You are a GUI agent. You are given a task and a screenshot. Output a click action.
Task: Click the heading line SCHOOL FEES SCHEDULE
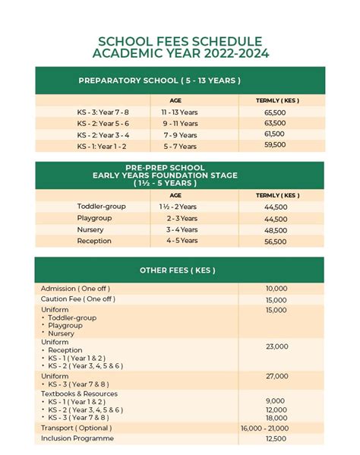point(180,42)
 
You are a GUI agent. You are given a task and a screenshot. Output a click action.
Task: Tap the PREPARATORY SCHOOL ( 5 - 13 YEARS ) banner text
point(159,81)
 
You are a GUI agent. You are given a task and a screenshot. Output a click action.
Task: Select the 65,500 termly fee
point(275,112)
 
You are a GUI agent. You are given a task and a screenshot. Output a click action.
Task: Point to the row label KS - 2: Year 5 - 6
point(103,123)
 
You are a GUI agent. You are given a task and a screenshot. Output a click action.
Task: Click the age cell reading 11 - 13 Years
point(179,112)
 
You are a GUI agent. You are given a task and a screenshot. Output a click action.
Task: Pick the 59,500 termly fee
point(275,144)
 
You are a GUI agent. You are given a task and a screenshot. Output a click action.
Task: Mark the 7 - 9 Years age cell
point(180,134)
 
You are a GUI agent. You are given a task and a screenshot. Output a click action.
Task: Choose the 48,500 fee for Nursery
point(276,230)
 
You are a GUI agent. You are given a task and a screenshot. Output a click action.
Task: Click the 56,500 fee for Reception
point(276,242)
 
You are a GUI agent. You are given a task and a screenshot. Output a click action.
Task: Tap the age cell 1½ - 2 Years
point(178,207)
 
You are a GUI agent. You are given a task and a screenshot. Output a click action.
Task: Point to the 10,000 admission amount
point(276,289)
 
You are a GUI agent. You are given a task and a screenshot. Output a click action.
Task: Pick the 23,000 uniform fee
point(276,346)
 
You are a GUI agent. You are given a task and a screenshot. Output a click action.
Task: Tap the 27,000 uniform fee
point(276,376)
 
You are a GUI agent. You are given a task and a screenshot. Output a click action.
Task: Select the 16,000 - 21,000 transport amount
point(264,428)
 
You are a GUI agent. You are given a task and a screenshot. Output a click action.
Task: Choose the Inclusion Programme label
point(77,438)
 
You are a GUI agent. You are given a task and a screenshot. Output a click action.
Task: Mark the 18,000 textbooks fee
point(276,418)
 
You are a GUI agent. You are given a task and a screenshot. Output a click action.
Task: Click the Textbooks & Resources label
point(79,393)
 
